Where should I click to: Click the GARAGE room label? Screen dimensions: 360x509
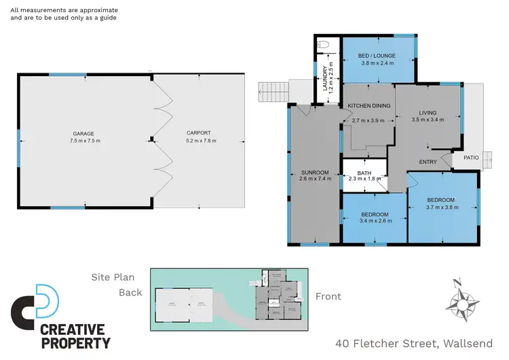click(x=83, y=134)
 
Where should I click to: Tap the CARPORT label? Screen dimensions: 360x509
click(x=199, y=133)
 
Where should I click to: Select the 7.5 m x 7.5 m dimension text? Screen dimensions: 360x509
click(x=83, y=141)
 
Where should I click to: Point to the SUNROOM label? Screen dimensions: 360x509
click(x=314, y=173)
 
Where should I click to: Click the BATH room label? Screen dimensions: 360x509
click(x=364, y=173)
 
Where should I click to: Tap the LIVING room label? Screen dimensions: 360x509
click(x=428, y=113)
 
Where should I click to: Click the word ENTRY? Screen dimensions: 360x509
click(x=428, y=162)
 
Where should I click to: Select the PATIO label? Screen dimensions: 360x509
click(x=472, y=158)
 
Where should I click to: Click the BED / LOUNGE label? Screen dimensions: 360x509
click(x=378, y=56)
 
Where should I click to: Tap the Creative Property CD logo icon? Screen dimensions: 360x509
click(x=35, y=306)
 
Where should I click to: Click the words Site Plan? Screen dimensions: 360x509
click(x=114, y=277)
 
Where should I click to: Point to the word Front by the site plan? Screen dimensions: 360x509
click(x=328, y=296)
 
